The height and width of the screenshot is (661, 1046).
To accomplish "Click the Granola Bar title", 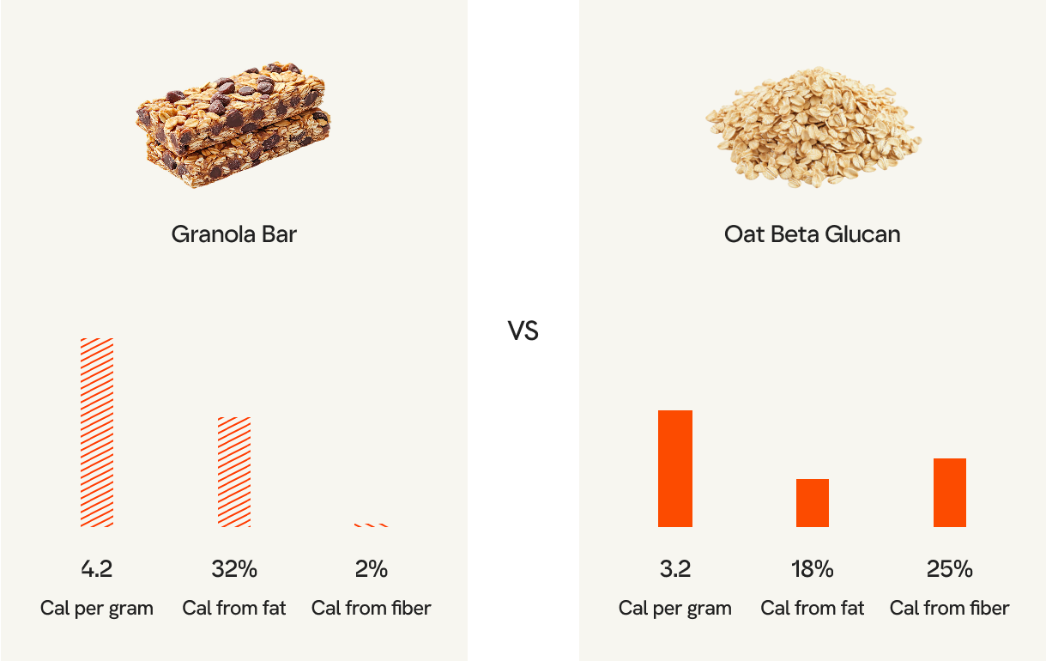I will click(x=234, y=233).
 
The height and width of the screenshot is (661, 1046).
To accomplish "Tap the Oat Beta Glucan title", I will click(x=812, y=233).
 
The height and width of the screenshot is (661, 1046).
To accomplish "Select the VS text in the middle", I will click(x=523, y=330).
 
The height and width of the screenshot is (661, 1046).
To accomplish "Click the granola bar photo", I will click(x=233, y=124).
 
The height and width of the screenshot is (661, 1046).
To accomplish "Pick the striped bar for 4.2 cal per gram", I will click(x=97, y=432).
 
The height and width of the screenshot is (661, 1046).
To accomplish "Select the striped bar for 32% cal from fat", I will click(x=234, y=471).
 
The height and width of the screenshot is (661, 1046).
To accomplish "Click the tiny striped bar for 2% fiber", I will click(x=372, y=525).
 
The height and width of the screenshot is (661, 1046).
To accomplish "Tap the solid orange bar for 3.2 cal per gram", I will click(x=675, y=468).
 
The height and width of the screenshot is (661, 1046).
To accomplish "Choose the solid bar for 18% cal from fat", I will click(x=813, y=502).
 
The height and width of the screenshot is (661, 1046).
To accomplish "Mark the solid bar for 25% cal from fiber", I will click(x=950, y=492).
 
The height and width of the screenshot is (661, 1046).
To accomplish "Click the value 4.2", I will click(x=97, y=568).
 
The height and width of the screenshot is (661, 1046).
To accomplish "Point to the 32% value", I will click(x=234, y=568).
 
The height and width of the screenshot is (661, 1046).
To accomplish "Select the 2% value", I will click(x=372, y=568).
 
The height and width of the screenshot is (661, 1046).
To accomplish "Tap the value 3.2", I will click(x=675, y=568).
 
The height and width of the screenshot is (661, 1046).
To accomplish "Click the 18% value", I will click(x=813, y=568).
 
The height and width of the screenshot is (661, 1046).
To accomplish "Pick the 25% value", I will click(x=950, y=568).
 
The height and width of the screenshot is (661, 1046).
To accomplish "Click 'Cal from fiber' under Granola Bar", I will click(x=372, y=609).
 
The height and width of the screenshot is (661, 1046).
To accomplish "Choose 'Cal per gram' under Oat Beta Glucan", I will click(x=675, y=609).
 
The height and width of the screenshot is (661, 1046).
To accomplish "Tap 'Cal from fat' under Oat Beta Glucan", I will click(x=813, y=609).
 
